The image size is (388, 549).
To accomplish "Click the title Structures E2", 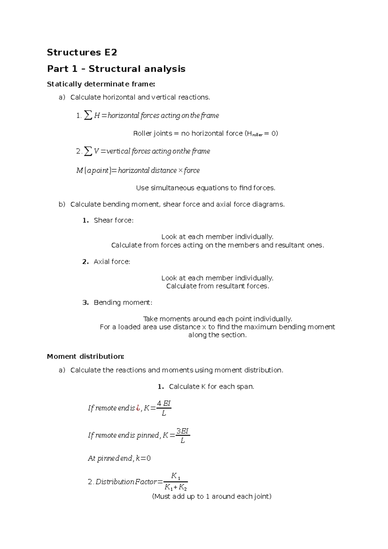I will [82, 52].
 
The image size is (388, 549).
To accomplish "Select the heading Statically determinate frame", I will [101, 84].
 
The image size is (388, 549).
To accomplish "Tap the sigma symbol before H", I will [88, 115].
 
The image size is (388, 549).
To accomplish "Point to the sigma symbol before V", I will [88, 151].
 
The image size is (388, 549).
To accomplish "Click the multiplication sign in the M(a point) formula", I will [180, 170].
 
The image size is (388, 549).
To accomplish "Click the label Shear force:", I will [113, 221].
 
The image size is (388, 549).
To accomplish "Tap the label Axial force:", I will [112, 262].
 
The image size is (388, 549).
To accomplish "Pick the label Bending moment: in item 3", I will [123, 303].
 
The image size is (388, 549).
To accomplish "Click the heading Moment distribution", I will [85, 357].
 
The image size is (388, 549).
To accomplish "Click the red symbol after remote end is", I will [138, 408].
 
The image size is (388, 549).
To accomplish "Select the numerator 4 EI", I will [164, 403].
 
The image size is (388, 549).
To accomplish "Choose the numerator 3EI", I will [182, 431].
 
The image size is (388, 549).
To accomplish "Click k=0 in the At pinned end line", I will [143, 458].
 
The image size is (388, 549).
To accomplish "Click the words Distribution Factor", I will [126, 482].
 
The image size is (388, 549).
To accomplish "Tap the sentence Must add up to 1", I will [211, 497].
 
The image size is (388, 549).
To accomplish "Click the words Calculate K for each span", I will [211, 387].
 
